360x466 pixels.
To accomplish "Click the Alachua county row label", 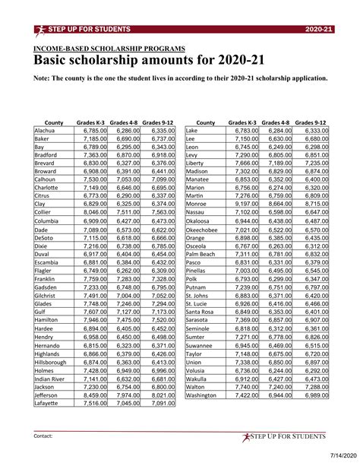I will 47,131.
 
